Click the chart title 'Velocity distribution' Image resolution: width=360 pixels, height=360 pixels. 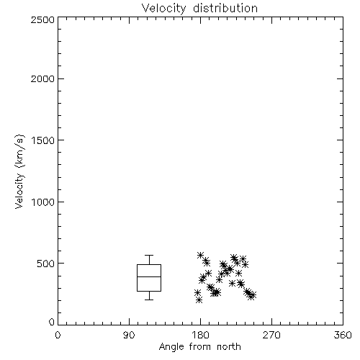click(x=199, y=9)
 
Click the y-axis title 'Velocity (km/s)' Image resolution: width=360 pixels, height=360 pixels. click(x=19, y=171)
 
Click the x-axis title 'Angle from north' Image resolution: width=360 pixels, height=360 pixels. click(x=199, y=347)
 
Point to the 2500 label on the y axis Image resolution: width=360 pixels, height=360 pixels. click(x=42, y=19)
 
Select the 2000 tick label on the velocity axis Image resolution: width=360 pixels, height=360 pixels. click(x=42, y=78)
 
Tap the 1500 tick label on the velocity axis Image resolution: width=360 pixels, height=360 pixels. click(x=43, y=140)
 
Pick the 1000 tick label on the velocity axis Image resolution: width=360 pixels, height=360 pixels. click(x=43, y=202)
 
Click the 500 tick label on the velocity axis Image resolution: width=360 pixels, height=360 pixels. click(x=46, y=264)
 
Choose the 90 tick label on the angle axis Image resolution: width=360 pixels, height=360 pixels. click(x=129, y=335)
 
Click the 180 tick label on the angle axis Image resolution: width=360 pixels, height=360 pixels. click(x=200, y=335)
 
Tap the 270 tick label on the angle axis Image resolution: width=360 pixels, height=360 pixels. click(x=271, y=335)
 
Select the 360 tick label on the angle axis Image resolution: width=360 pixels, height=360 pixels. click(x=343, y=335)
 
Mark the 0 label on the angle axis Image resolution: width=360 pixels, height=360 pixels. click(x=58, y=335)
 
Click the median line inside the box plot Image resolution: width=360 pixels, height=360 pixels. click(x=149, y=276)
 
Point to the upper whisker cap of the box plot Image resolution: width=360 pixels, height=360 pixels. click(x=149, y=256)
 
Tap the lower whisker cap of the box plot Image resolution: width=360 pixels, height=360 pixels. click(x=149, y=300)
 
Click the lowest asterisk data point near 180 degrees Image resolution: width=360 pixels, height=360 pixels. click(x=199, y=300)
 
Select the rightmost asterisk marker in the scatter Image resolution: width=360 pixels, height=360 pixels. click(x=253, y=295)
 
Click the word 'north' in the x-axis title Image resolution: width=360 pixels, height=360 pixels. click(x=229, y=347)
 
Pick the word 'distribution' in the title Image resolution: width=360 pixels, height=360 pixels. click(x=225, y=9)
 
